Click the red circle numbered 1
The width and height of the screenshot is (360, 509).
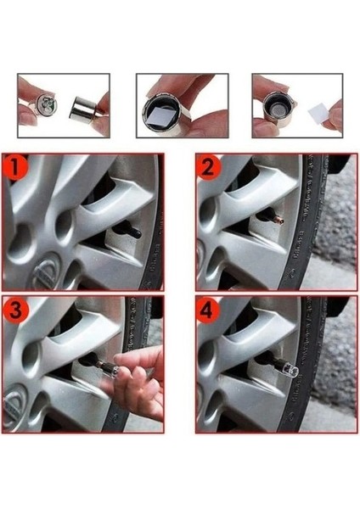pos(15,167)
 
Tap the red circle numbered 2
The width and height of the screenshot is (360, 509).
pos(209,167)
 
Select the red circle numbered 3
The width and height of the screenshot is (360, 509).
pos(15,310)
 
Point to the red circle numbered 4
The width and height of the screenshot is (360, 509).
pos(208,310)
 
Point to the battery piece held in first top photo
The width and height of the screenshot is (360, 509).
pos(46,104)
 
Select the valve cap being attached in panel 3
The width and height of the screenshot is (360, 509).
pos(110,367)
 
